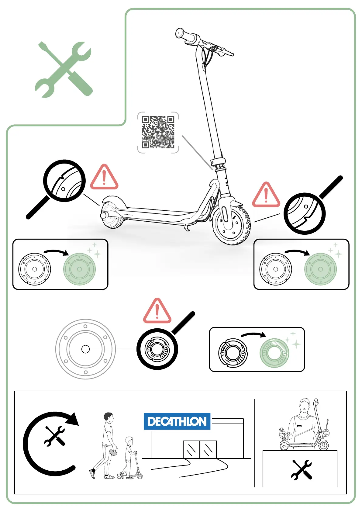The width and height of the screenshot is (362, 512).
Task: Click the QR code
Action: (x=158, y=132)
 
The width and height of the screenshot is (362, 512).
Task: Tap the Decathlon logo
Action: (x=177, y=421)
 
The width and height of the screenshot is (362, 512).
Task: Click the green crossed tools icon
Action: (x=64, y=69)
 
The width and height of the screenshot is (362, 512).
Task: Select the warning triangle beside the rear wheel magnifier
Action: (x=104, y=178)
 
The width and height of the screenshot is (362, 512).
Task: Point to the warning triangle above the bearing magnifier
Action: (x=157, y=312)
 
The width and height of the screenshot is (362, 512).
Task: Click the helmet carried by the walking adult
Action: (x=113, y=452)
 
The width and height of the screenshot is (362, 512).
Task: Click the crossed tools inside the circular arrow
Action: (x=55, y=436)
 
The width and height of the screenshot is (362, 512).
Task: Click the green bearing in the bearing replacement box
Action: (x=274, y=353)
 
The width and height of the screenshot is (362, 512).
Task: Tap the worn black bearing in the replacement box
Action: (x=233, y=353)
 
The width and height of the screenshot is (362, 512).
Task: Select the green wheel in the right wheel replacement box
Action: (x=320, y=269)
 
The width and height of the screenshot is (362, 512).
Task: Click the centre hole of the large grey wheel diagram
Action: (x=86, y=349)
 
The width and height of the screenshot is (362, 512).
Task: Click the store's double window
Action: (x=200, y=449)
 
